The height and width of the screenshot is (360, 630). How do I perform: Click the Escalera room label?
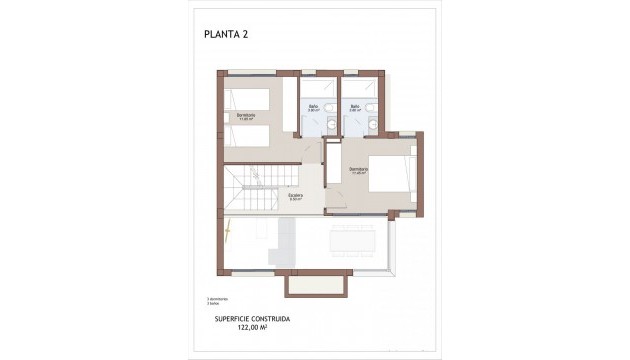(x=296, y=197)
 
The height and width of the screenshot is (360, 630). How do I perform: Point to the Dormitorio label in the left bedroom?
(x=246, y=117)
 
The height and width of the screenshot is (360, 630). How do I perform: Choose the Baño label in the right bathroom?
(x=355, y=105)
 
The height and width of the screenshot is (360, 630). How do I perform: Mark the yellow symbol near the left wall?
(x=227, y=231)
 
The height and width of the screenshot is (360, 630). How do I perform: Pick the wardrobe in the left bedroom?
(x=311, y=152)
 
